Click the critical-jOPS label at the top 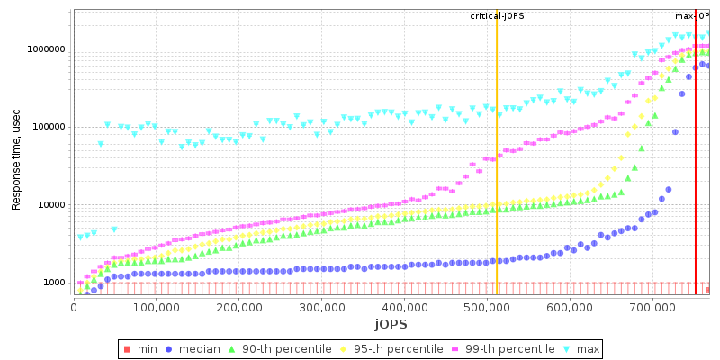[497, 16]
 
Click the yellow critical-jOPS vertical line [497, 180]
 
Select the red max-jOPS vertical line [696, 180]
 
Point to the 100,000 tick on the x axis [156, 307]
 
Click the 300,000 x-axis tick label [321, 307]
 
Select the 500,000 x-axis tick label [486, 307]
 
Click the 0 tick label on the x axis [74, 307]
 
